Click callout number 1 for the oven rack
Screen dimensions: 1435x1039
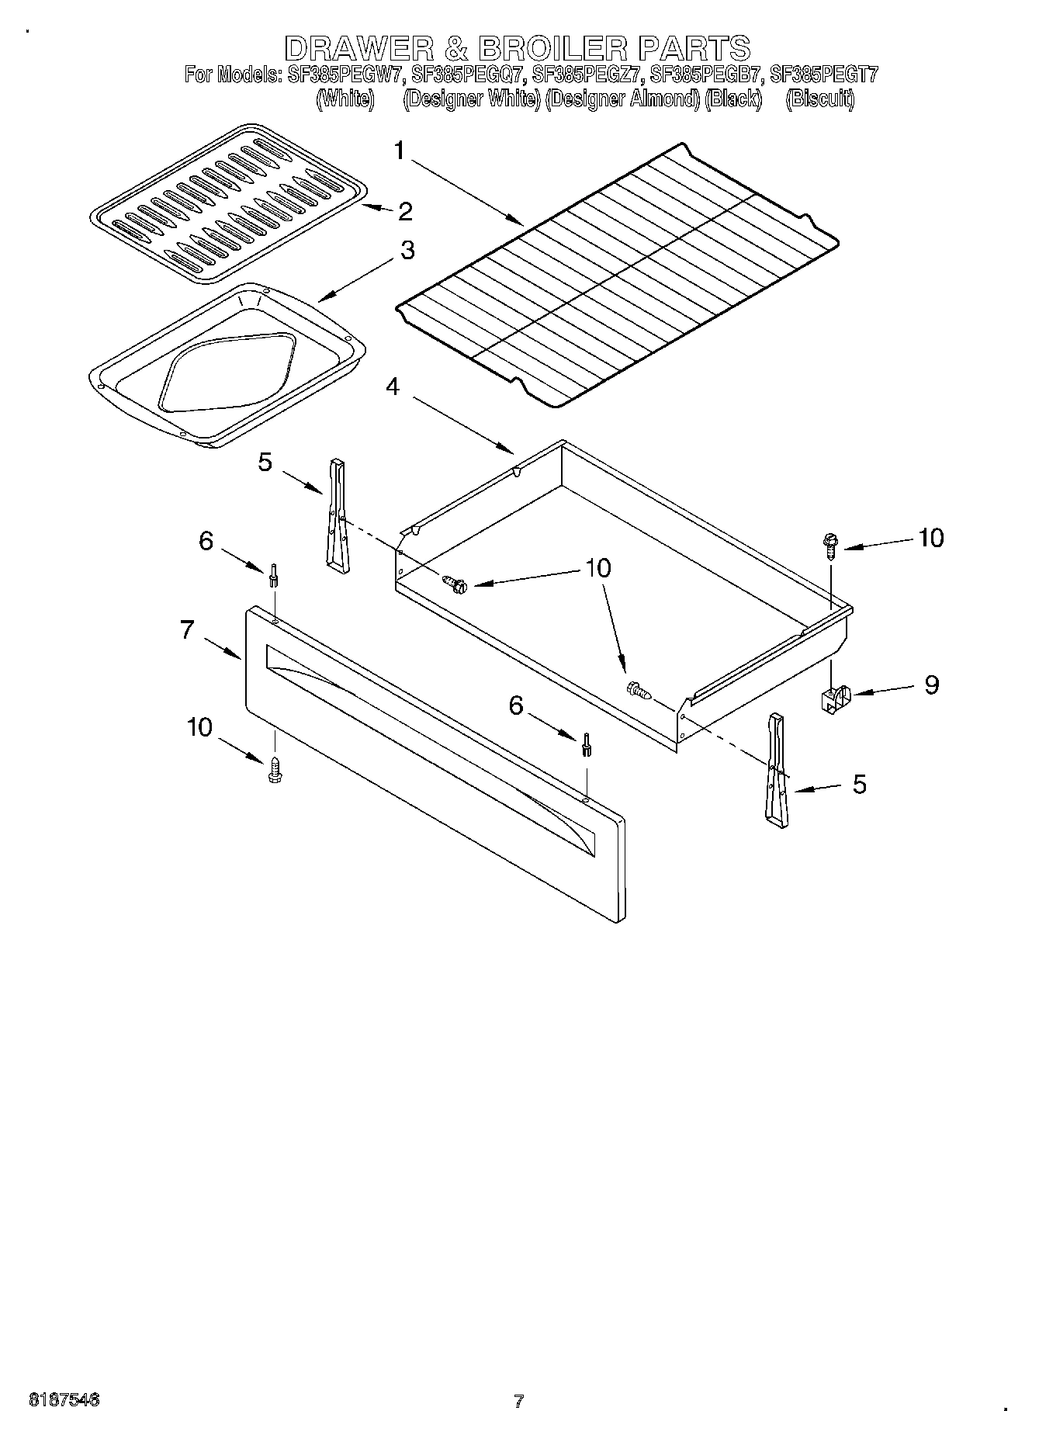[x=399, y=150]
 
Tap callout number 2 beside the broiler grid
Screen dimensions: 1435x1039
[x=404, y=211]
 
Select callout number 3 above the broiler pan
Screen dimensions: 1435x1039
[x=407, y=251]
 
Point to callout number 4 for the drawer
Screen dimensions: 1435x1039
[x=393, y=386]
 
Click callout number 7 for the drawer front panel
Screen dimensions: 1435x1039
[x=187, y=629]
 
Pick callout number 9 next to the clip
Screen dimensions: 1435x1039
[x=931, y=685]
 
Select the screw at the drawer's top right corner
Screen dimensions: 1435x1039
[x=830, y=546]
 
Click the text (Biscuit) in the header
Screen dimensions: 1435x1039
[x=819, y=99]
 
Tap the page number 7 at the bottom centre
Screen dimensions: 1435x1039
[x=518, y=1401]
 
